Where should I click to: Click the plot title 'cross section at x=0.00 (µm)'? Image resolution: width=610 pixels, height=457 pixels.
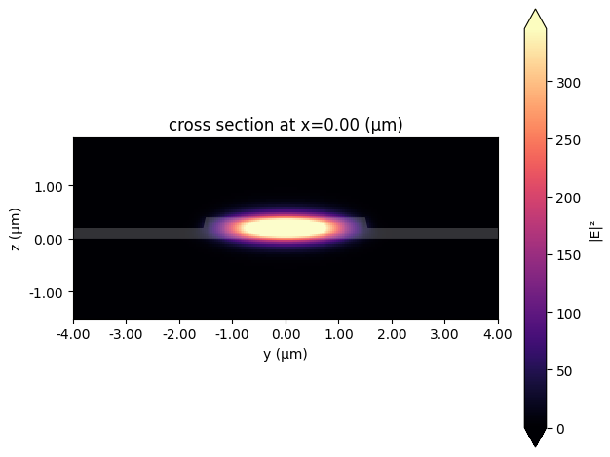(286, 125)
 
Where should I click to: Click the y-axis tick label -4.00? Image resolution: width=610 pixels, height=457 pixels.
(73, 335)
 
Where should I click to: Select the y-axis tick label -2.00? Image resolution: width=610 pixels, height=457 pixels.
(179, 335)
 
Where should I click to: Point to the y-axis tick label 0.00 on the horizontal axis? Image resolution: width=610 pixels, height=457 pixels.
(286, 335)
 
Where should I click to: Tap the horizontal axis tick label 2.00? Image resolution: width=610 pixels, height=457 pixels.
(392, 335)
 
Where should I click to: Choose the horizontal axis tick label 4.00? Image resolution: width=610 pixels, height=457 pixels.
(498, 335)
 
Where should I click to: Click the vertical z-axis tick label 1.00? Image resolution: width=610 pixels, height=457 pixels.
(51, 186)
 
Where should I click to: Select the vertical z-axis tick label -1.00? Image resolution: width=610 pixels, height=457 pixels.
(49, 292)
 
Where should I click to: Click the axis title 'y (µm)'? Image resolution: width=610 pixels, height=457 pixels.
(286, 354)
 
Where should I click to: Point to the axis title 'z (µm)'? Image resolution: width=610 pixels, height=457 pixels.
(15, 229)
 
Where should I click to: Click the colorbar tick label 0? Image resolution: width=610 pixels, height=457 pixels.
(561, 428)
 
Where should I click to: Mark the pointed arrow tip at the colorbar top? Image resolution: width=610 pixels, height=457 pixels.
(535, 13)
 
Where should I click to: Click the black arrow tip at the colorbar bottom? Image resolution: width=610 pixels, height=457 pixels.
(535, 443)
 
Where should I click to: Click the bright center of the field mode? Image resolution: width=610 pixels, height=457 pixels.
(286, 228)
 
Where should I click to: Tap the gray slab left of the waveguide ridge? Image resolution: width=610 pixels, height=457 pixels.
(136, 234)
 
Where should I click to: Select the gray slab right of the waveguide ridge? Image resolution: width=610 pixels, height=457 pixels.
(434, 234)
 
